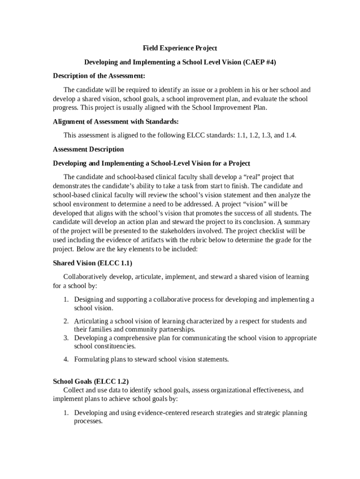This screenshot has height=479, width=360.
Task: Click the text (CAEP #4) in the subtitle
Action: pyautogui.click(x=260, y=62)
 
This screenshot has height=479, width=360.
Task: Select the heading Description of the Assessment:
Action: pyautogui.click(x=99, y=76)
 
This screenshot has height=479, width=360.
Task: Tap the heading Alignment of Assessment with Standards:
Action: pyautogui.click(x=115, y=122)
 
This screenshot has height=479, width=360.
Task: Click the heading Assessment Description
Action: pyautogui.click(x=88, y=150)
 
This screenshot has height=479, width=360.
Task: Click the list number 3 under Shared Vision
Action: pyautogui.click(x=66, y=338)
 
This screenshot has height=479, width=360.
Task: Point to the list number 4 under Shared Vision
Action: pyautogui.click(x=66, y=360)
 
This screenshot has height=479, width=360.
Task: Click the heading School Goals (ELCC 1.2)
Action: pyautogui.click(x=91, y=381)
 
